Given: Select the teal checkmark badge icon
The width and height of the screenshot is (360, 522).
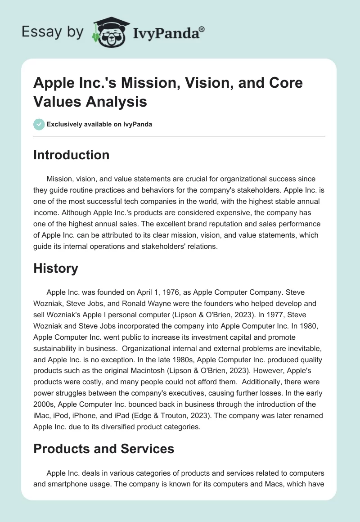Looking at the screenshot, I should pos(39,124).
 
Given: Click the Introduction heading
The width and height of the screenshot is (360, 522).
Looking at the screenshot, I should pos(72,155).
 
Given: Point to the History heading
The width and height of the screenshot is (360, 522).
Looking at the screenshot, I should pos(56,269).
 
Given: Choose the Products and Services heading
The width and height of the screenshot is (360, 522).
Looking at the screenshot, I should pos(104,449).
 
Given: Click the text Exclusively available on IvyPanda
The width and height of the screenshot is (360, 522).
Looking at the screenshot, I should pos(99,124).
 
